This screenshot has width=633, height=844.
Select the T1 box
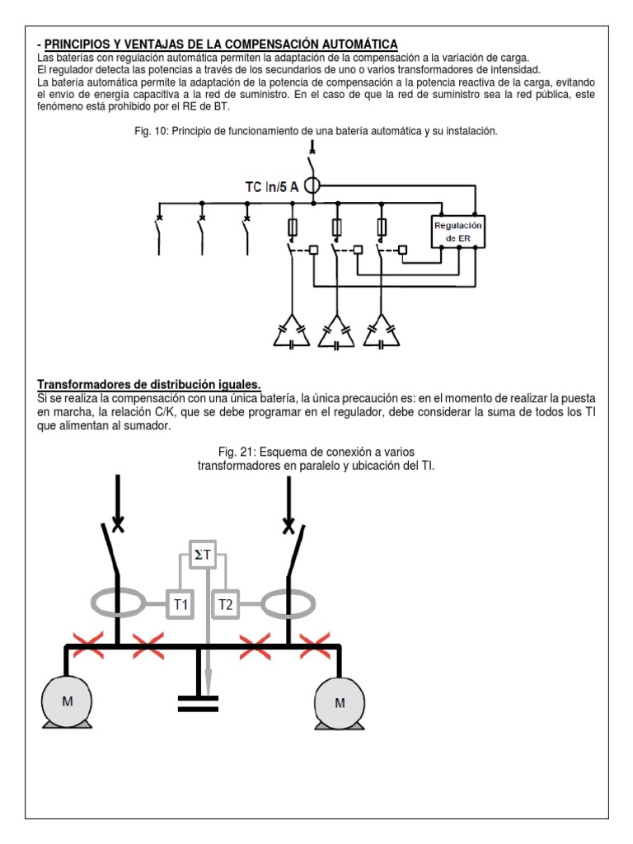click(180, 605)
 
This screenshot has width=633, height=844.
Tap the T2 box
click(225, 605)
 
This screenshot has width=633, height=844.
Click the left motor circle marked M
click(68, 701)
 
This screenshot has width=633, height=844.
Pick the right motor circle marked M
click(340, 702)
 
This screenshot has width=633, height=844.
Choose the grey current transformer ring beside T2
click(288, 604)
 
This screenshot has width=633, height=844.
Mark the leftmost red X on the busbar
click(89, 647)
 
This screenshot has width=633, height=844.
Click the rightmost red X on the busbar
click(315, 647)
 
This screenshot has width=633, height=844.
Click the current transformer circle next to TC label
click(312, 186)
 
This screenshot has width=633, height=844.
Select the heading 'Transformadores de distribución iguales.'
click(149, 385)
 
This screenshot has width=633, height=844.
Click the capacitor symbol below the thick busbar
click(199, 703)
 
